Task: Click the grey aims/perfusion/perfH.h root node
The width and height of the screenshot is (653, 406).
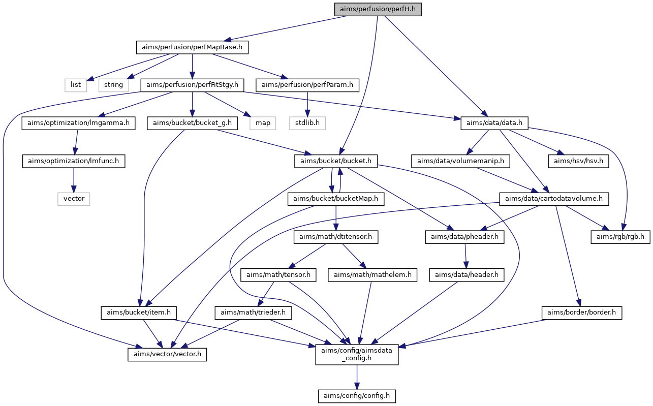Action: click(378, 9)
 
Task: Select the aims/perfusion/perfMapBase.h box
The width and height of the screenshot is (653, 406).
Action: click(192, 47)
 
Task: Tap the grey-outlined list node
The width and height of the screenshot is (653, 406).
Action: click(76, 85)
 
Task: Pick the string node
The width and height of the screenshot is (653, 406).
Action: click(114, 85)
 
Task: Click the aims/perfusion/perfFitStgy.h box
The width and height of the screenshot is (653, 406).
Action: click(192, 85)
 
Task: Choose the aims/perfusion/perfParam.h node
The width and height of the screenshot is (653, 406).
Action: click(307, 85)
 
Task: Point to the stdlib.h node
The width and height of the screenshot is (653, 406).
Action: click(307, 123)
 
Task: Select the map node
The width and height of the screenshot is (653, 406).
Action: click(263, 123)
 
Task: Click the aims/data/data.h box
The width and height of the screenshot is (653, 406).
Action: click(494, 123)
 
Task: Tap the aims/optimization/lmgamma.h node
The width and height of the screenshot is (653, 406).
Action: click(78, 123)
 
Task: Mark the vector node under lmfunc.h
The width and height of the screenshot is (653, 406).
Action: click(74, 199)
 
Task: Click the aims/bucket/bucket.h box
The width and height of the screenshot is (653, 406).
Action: click(336, 161)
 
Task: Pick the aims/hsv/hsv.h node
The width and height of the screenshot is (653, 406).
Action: click(578, 161)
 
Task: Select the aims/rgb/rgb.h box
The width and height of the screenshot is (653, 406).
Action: click(620, 237)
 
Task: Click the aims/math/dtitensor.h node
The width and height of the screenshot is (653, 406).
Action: click(336, 237)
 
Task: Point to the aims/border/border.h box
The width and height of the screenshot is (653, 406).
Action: click(581, 313)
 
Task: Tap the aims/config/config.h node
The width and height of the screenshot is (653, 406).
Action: click(357, 396)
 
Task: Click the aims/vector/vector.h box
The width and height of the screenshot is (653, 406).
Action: click(167, 354)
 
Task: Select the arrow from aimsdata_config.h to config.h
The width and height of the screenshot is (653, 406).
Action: click(357, 378)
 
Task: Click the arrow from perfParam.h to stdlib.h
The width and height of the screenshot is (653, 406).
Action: click(307, 104)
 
